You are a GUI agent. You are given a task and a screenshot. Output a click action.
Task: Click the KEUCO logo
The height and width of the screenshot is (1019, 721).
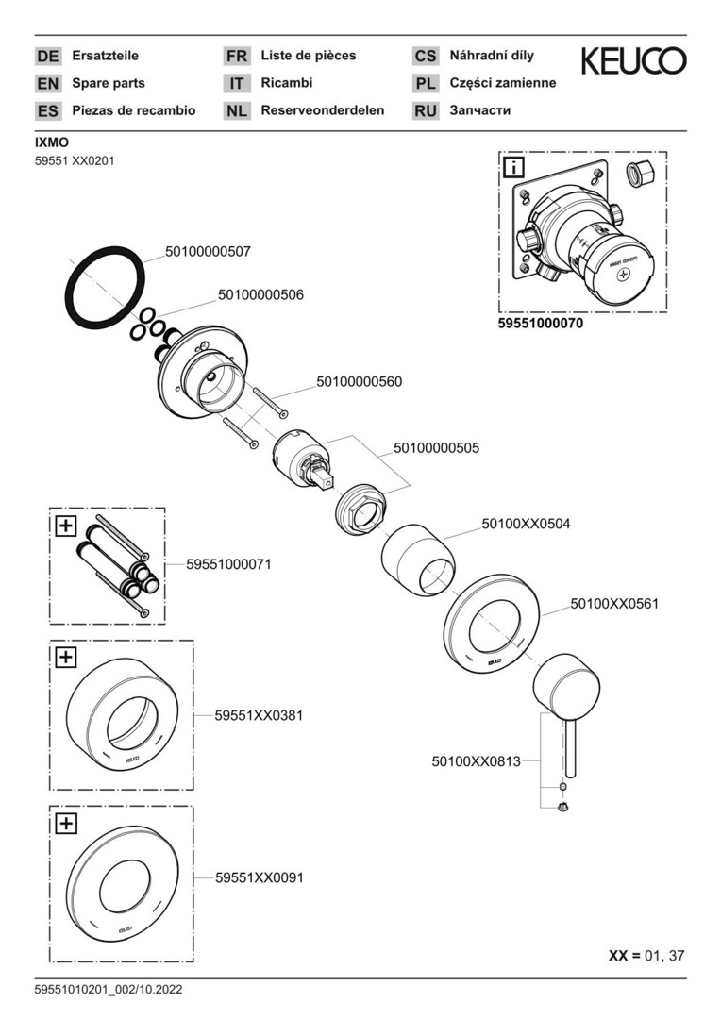633,61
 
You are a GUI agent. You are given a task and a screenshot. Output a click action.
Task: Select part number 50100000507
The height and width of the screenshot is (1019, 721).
208,252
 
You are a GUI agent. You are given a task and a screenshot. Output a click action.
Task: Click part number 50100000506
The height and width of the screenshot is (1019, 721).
260,294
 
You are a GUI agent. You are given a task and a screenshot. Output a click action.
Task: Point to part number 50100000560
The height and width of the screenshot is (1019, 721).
359,382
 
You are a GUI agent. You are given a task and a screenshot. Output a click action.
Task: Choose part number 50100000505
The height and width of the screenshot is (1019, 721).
436,448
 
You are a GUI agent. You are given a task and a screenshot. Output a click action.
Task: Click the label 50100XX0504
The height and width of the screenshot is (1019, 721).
526,523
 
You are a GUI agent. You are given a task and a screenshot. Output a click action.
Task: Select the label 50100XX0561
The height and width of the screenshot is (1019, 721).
614,603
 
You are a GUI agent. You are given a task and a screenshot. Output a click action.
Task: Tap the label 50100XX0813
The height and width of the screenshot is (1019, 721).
476,760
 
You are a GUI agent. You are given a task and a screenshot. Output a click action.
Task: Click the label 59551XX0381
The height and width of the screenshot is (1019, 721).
259,715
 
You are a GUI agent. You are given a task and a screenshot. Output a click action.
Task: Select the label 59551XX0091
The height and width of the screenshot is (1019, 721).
259,877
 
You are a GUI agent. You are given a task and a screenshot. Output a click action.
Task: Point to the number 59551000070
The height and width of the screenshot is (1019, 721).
540,323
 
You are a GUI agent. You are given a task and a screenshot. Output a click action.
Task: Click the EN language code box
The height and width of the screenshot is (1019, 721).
48,83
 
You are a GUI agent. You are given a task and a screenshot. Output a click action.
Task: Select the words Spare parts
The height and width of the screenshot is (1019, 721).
109,83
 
